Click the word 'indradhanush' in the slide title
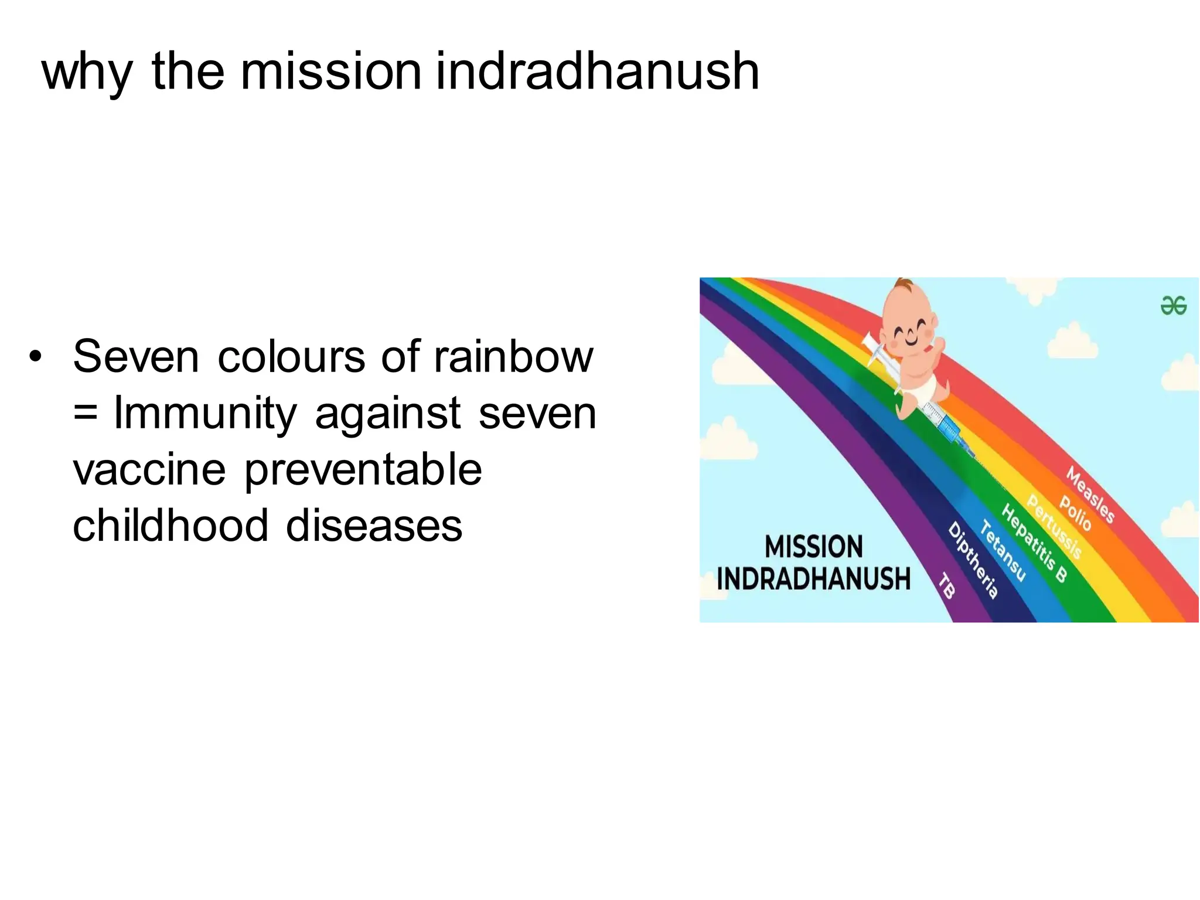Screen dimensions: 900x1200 tap(598, 71)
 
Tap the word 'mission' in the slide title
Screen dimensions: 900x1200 tap(331, 71)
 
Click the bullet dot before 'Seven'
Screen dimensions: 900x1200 tap(36, 356)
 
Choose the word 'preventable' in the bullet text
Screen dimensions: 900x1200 tap(363, 471)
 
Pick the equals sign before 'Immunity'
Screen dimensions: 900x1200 tap(86, 412)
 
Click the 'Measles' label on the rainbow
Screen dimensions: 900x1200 tap(1090, 494)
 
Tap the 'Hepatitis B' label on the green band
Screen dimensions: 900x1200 tap(1034, 543)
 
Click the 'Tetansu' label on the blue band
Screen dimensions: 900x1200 tap(1003, 551)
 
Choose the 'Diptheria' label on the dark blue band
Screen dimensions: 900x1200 tap(973, 560)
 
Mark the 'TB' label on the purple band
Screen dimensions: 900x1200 tap(947, 586)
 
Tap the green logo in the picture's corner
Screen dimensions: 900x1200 tap(1173, 305)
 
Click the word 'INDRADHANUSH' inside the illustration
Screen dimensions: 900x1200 tap(813, 579)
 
